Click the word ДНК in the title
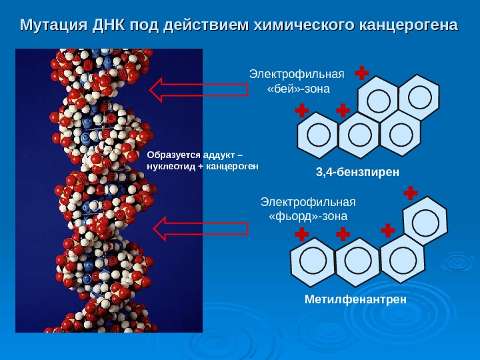(109, 26)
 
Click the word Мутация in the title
(53, 26)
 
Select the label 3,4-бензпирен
(357, 173)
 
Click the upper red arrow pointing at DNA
(199, 90)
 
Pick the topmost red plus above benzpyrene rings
(362, 72)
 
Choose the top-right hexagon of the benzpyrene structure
(419, 97)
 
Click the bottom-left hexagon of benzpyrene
(318, 135)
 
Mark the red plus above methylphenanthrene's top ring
(410, 193)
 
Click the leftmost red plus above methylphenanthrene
(301, 234)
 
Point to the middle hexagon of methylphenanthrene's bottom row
(357, 259)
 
